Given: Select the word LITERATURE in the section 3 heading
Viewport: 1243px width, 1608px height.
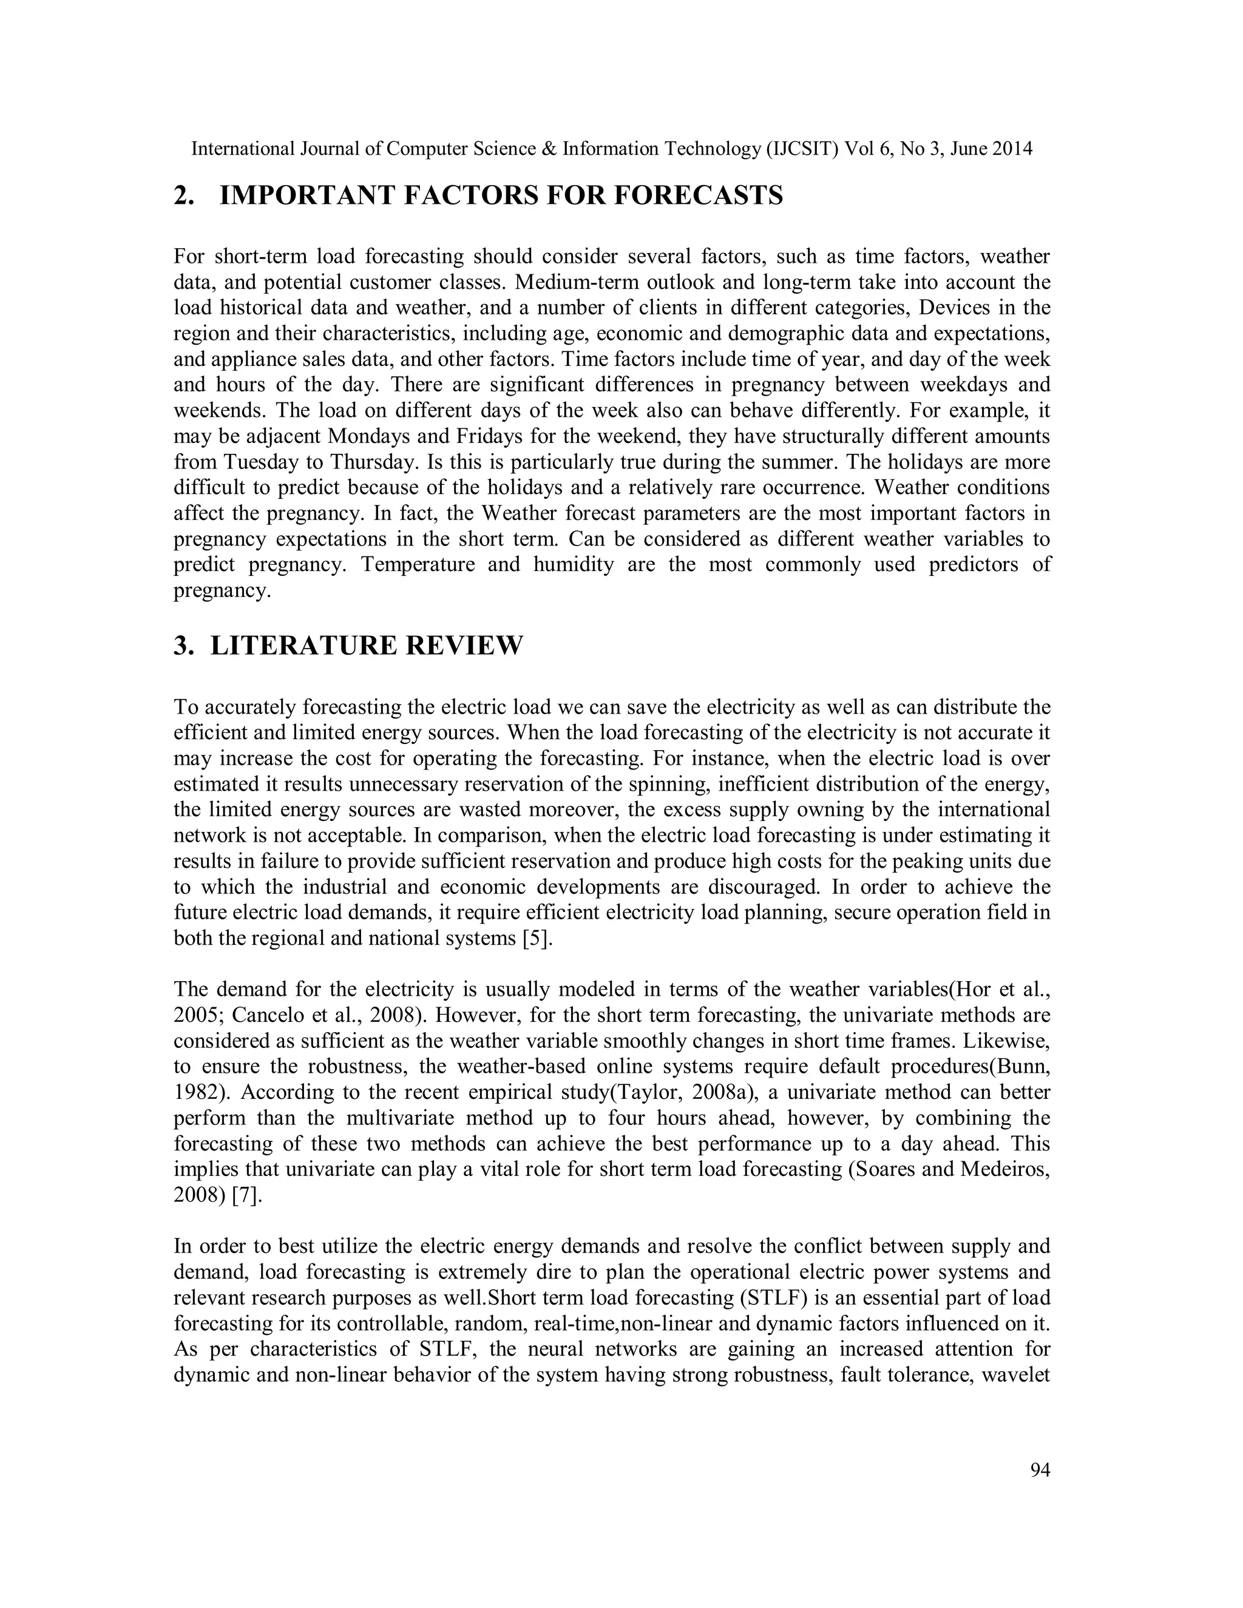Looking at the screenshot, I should (303, 645).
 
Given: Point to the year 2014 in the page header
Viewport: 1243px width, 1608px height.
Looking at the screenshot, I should (1012, 149).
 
